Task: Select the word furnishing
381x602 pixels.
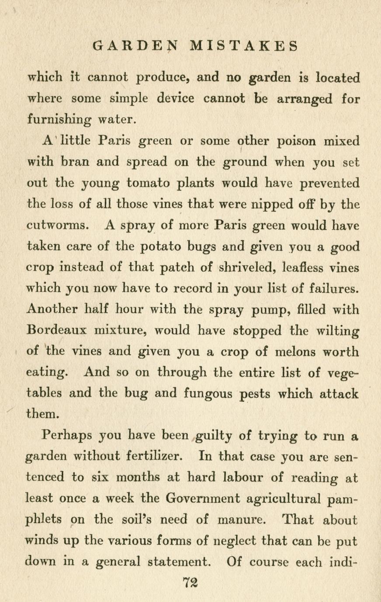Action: tap(62, 120)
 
